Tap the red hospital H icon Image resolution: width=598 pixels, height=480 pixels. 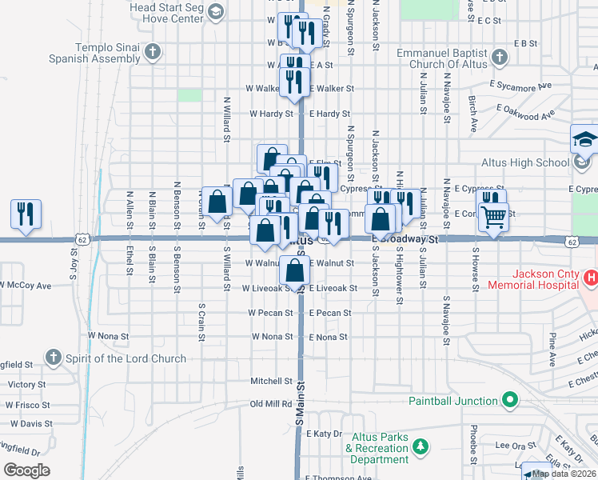coord(591,278)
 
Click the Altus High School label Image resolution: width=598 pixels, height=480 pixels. coord(525,162)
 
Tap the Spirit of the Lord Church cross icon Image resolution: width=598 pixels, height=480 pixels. coord(53,357)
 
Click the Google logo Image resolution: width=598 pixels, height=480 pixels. coord(26,470)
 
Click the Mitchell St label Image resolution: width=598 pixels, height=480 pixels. coord(271,381)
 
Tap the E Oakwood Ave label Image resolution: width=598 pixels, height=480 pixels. coord(525,110)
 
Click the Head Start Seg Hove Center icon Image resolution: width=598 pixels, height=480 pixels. coord(215,11)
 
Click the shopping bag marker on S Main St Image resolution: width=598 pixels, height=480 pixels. coord(295,271)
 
